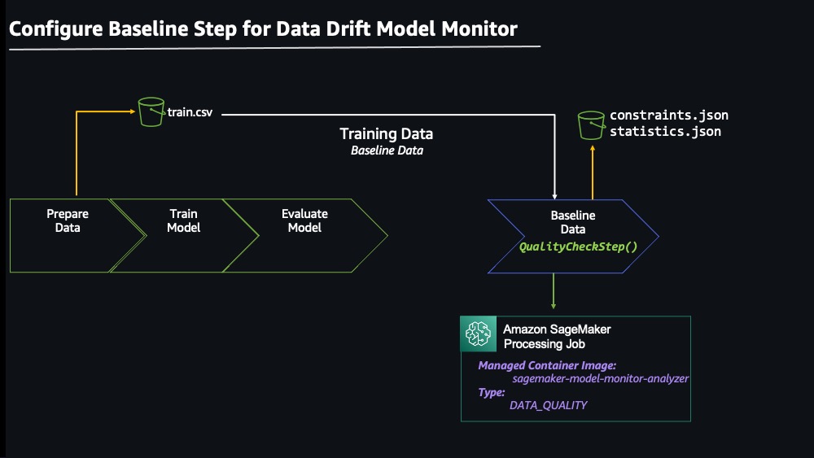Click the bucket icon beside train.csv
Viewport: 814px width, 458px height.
click(151, 111)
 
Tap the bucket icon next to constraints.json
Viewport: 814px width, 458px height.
click(591, 125)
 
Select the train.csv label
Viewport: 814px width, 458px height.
click(190, 112)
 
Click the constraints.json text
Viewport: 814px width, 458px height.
click(668, 116)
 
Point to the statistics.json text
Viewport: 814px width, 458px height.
click(665, 131)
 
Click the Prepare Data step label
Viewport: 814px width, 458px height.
click(68, 220)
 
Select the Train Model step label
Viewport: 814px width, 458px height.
click(183, 220)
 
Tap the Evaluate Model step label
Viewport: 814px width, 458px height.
click(304, 220)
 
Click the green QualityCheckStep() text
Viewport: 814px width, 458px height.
click(578, 246)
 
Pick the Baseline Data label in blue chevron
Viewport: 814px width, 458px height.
click(573, 222)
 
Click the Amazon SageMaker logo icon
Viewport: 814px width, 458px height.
click(478, 334)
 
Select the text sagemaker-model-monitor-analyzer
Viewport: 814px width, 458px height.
click(600, 378)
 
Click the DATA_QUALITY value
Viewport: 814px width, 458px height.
click(548, 405)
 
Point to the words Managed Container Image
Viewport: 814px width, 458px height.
click(547, 365)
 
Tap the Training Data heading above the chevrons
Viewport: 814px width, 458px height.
click(386, 134)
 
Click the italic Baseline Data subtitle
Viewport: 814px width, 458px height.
click(387, 150)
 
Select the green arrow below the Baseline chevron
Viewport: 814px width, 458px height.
click(554, 291)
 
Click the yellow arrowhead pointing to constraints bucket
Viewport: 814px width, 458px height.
click(593, 148)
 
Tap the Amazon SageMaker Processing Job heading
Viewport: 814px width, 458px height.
click(557, 336)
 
